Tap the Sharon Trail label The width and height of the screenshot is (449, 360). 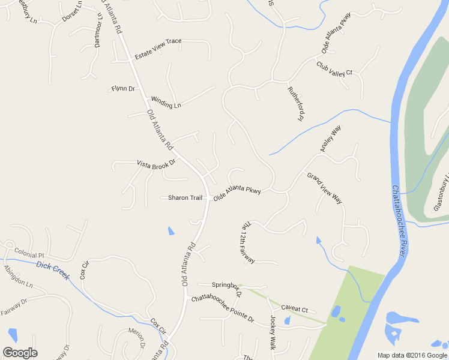(185, 197)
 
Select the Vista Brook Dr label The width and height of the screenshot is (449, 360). (156, 163)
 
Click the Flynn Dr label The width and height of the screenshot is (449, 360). (123, 89)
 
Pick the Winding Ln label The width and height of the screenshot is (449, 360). (166, 102)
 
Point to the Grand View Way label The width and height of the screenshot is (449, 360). (325, 188)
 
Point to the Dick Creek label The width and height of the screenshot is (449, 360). (53, 270)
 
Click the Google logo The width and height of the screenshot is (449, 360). (20, 353)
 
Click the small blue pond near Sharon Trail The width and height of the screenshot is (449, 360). (172, 230)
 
